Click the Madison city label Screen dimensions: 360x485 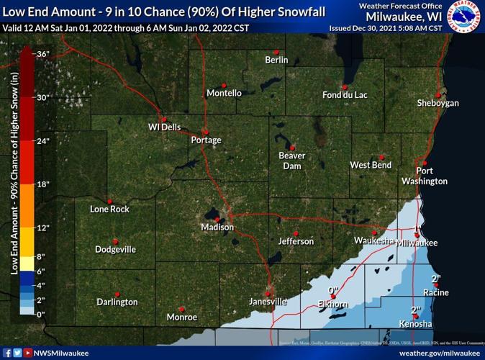[217, 228]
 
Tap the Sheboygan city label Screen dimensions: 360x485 [438, 104]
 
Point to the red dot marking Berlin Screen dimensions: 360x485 [276, 52]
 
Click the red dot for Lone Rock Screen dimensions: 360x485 [109, 201]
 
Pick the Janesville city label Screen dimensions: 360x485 [268, 301]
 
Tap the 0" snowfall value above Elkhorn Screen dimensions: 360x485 [333, 292]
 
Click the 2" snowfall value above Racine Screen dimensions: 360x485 [435, 279]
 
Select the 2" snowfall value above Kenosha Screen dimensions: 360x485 [415, 310]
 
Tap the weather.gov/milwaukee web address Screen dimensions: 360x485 [438, 353]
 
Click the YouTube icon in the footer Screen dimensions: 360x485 [28, 353]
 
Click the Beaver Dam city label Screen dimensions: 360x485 [292, 161]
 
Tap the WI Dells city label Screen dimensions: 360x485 [164, 127]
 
